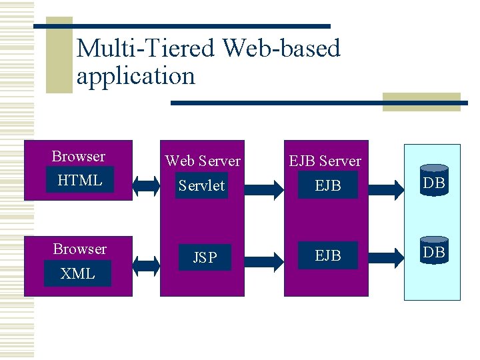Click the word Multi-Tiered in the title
tap(146, 49)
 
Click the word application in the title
tap(136, 76)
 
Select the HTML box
tap(79, 180)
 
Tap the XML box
tap(77, 273)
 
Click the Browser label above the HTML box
tap(78, 157)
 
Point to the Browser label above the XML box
tap(79, 249)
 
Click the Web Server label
tap(203, 161)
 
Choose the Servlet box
tap(201, 185)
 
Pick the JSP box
tap(205, 257)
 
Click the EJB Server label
tap(325, 161)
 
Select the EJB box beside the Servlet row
tap(327, 185)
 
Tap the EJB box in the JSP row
tap(327, 256)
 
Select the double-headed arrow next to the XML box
tap(146, 265)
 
